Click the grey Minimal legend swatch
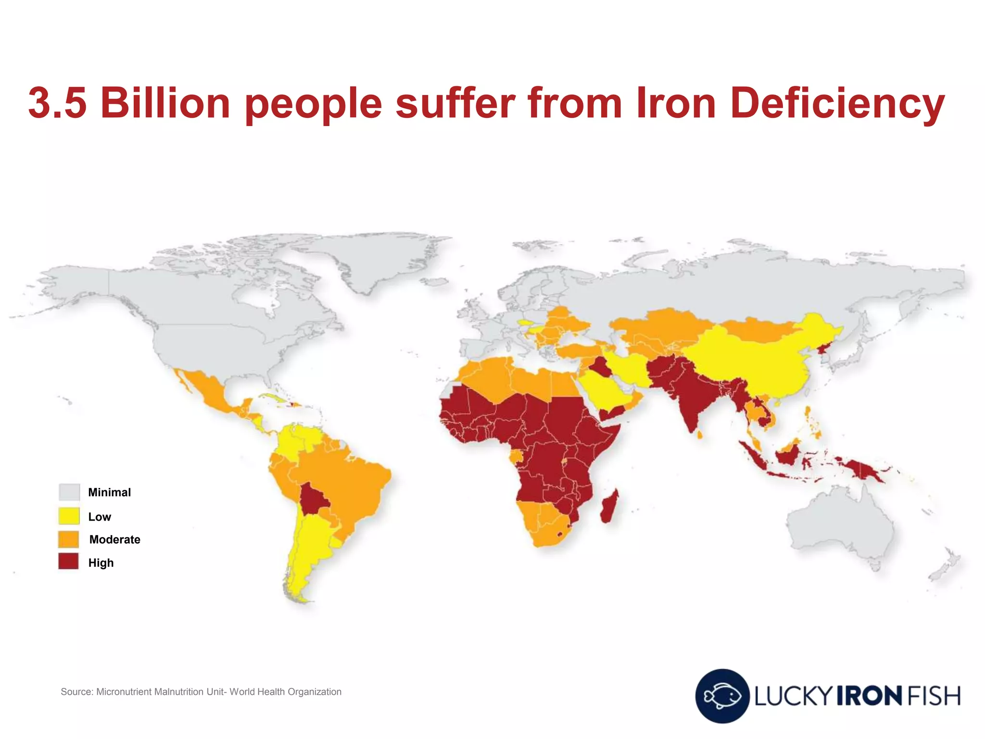(69, 492)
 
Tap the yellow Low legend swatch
(69, 516)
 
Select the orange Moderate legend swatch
(69, 539)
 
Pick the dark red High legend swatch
(69, 562)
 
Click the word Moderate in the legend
(114, 539)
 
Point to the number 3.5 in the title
(58, 103)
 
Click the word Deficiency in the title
(837, 103)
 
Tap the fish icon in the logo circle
(721, 696)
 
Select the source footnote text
(201, 692)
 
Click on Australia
(839, 524)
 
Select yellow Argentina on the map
(308, 553)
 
